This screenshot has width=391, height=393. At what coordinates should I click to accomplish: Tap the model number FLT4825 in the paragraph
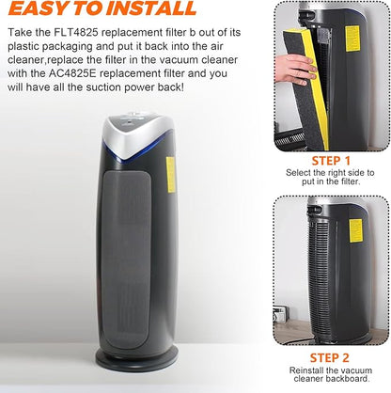pyautogui.click(x=70, y=33)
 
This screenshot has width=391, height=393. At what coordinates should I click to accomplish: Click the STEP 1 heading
pyautogui.click(x=331, y=161)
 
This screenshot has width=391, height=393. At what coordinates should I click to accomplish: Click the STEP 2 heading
pyautogui.click(x=329, y=357)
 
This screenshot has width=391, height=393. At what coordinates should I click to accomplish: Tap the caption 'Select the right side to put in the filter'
pyautogui.click(x=330, y=177)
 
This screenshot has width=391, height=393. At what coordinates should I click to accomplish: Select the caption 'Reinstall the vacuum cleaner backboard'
pyautogui.click(x=331, y=374)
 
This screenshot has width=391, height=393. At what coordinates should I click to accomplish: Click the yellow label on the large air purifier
pyautogui.click(x=170, y=175)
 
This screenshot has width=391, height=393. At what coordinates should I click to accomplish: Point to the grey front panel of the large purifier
pyautogui.click(x=125, y=260)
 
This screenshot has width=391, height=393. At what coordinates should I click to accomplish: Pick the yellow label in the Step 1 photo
pyautogui.click(x=352, y=39)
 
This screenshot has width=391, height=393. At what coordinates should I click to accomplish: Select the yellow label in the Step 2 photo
pyautogui.click(x=356, y=230)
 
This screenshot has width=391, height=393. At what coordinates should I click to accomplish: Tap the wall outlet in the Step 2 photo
pyautogui.click(x=280, y=314)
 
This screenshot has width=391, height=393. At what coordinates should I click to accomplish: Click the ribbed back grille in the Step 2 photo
pyautogui.click(x=319, y=275)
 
